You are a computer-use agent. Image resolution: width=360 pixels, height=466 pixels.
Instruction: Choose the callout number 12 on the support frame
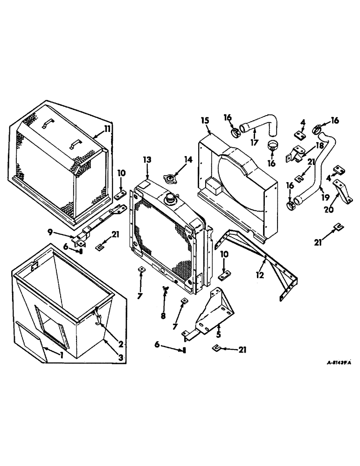point(260,275)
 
